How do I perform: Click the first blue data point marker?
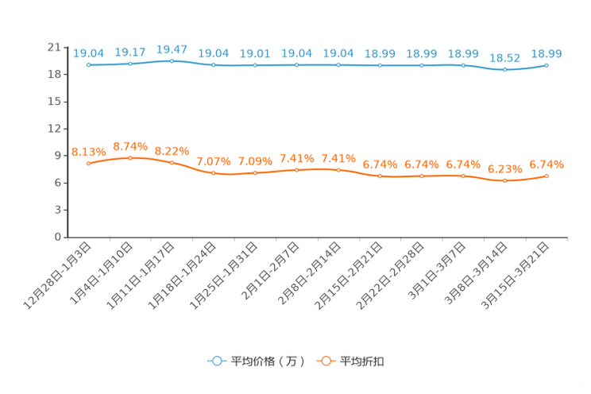point(88,65)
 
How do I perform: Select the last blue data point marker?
point(547,65)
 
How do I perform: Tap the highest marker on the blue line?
point(172,60)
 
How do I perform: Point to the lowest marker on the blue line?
point(504,70)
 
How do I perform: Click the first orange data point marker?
point(88,163)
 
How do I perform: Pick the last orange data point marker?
point(547,176)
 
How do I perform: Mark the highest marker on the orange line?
point(130,157)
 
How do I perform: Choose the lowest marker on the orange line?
point(504,180)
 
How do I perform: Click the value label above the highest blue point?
point(172,49)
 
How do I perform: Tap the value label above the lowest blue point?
point(504,58)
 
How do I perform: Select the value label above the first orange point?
point(88,151)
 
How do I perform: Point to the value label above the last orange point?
point(547,164)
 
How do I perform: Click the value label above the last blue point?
point(547,54)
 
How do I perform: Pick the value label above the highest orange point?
point(130,145)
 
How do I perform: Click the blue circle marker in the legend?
point(216,361)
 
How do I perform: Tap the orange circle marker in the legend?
point(325,361)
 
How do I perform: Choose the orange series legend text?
point(363,361)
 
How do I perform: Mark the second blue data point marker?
point(130,64)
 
